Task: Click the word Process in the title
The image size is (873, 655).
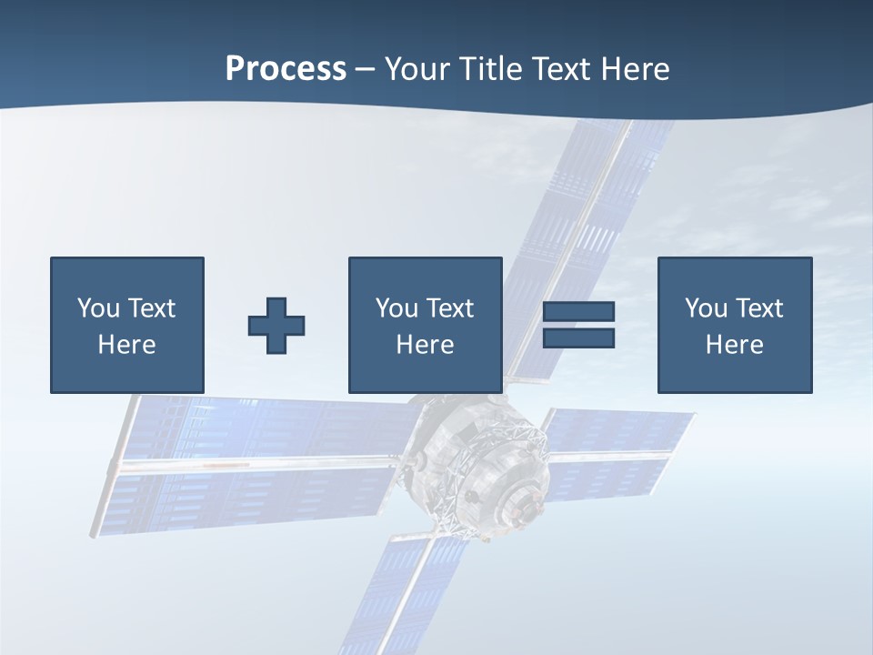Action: click(286, 69)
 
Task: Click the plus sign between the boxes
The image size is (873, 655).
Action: click(276, 325)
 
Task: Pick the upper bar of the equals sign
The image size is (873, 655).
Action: click(578, 311)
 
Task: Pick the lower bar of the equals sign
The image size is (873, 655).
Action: click(578, 338)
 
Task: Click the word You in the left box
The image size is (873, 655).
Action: click(99, 308)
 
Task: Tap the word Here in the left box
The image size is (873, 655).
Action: click(126, 345)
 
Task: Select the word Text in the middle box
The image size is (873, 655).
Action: click(449, 308)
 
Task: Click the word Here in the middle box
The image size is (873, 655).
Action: click(425, 345)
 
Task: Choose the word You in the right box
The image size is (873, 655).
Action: click(707, 308)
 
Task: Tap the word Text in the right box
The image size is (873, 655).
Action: click(758, 308)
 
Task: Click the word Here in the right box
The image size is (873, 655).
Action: click(734, 345)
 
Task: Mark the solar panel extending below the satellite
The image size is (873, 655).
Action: click(400, 591)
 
